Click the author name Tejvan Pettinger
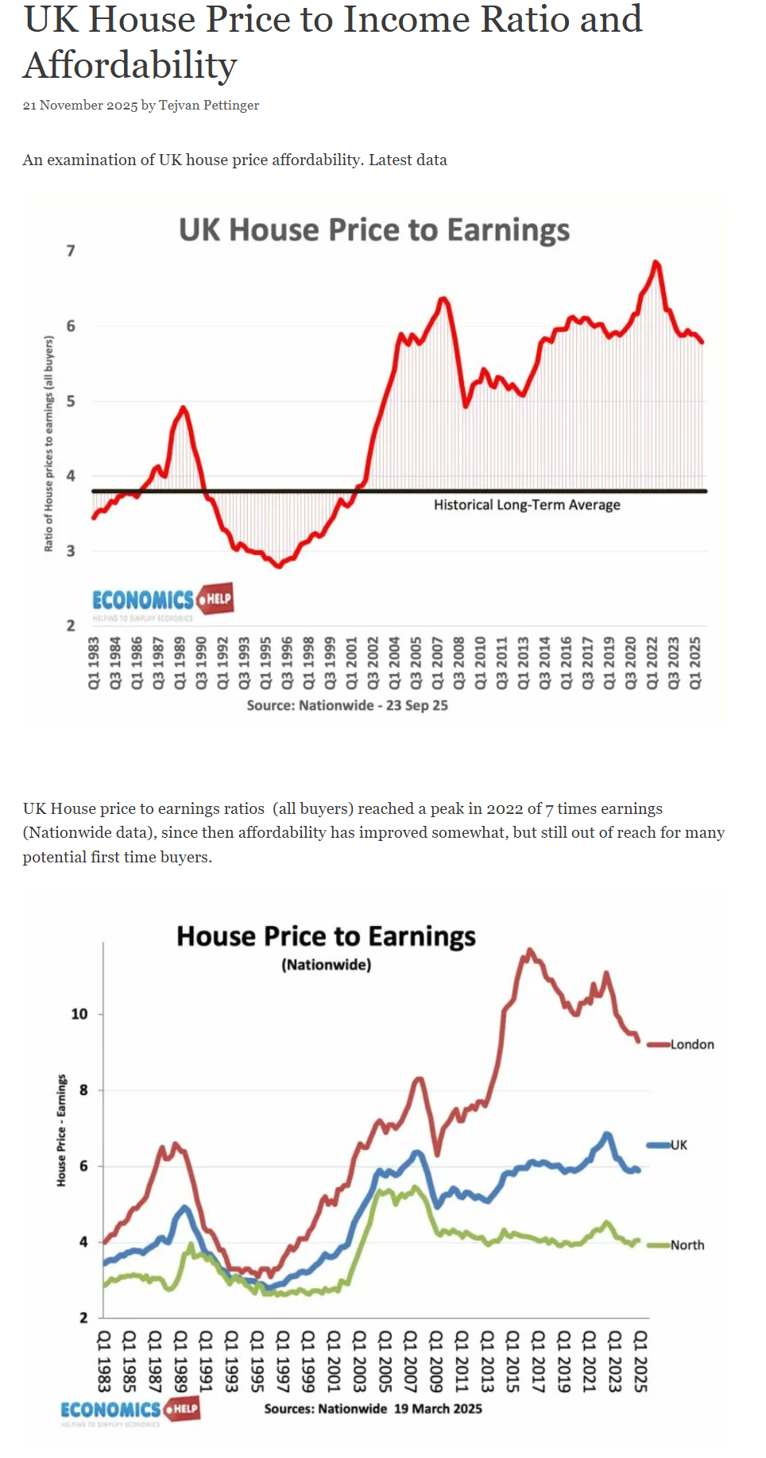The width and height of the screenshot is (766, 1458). (209, 106)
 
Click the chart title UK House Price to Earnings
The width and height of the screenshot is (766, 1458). (373, 230)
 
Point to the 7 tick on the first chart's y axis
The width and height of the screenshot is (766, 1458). (71, 251)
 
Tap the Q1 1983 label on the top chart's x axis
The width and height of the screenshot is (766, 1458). (94, 662)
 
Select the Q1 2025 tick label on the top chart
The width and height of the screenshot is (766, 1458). (695, 662)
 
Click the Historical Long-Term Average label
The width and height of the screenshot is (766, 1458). (527, 505)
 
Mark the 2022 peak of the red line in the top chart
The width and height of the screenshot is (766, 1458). (656, 261)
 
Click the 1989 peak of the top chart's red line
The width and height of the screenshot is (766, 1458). (184, 407)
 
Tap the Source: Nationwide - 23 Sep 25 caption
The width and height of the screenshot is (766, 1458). (347, 705)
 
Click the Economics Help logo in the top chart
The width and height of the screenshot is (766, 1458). (162, 601)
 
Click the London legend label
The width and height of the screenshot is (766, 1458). (692, 1044)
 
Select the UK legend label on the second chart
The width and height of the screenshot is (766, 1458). (679, 1145)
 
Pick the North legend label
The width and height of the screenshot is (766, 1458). (687, 1245)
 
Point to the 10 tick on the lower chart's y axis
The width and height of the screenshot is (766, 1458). (79, 1014)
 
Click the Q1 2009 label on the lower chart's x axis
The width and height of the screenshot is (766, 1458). (435, 1361)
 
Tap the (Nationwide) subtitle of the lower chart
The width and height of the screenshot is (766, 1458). (326, 965)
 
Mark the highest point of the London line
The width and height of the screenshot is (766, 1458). (530, 950)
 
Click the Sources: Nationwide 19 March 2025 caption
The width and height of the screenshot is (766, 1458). (373, 1409)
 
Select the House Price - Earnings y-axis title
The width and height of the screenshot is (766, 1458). (61, 1131)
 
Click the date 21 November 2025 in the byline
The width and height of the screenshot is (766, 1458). (80, 106)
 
